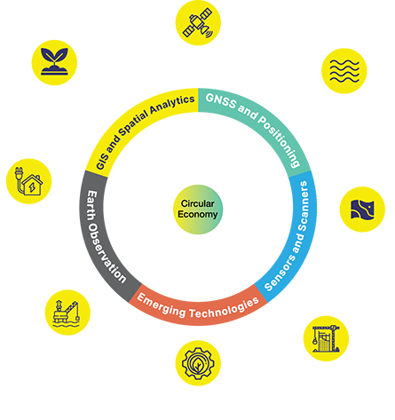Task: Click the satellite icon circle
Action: [198, 23]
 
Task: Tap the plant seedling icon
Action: [54, 62]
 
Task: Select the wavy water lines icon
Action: [344, 71]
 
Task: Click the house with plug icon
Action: [28, 181]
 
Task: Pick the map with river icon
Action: [362, 210]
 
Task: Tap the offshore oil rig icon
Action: [67, 313]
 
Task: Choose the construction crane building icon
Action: [326, 338]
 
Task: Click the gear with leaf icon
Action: [198, 363]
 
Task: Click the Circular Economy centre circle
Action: [198, 210]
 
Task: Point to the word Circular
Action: [198, 203]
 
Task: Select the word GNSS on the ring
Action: [221, 101]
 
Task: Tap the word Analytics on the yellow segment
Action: [172, 104]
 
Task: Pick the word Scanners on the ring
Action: [304, 206]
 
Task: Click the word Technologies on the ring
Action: [225, 309]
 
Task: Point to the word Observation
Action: [106, 254]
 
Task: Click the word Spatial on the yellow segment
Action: [133, 123]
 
